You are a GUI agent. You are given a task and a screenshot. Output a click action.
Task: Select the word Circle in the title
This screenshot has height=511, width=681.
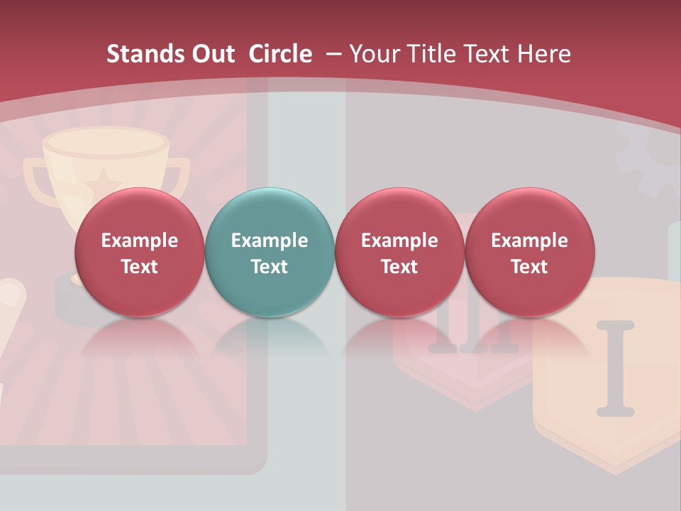click(x=280, y=54)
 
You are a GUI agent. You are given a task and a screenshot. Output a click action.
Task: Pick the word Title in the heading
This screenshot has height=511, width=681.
click(x=428, y=54)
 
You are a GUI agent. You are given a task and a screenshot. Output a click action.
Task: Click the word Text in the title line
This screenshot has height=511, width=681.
click(x=485, y=54)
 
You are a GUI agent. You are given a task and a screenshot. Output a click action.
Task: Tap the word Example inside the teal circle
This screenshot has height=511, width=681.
click(x=270, y=241)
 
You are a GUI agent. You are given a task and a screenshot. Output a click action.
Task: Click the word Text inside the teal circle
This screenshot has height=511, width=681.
click(x=270, y=267)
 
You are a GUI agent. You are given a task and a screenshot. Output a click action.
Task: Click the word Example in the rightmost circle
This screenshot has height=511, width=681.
click(x=529, y=241)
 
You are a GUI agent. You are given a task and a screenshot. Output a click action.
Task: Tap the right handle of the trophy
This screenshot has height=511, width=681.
click(x=180, y=174)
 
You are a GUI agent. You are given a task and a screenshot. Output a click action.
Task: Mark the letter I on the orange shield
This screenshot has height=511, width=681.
click(x=615, y=368)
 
